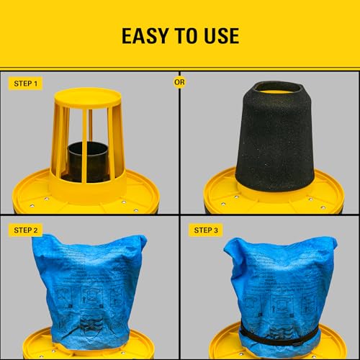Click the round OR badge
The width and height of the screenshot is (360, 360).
tap(179, 81)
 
